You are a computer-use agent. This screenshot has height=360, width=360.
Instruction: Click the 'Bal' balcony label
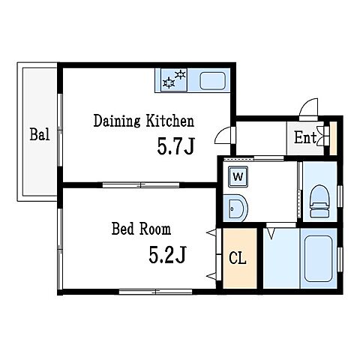[40, 134]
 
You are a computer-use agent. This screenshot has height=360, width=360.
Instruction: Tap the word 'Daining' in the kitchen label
[117, 121]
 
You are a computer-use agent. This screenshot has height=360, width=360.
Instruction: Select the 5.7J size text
[175, 146]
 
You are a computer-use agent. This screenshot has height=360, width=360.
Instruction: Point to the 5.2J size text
[167, 254]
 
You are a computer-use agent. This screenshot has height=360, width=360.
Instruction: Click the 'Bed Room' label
[141, 229]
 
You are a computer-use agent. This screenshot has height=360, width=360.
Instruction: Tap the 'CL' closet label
[238, 258]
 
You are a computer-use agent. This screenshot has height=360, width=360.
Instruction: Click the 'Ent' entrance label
[305, 137]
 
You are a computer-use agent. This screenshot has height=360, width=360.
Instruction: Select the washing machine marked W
[238, 176]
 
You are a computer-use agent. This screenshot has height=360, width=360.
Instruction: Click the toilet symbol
[319, 201]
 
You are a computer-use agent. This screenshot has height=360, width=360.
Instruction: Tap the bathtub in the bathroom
[318, 259]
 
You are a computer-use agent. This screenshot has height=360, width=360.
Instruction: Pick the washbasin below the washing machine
[235, 208]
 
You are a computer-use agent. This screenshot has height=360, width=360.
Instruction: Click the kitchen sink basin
[212, 81]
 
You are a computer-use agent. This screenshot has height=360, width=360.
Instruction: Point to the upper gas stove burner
[180, 74]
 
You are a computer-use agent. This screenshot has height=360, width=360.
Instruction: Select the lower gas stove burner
[169, 82]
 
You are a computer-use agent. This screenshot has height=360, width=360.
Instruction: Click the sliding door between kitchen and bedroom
[141, 185]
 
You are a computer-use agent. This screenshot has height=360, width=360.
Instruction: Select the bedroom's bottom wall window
[155, 292]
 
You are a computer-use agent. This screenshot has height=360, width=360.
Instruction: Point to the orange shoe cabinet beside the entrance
[333, 138]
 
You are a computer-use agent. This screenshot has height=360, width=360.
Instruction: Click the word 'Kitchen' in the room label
[170, 121]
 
